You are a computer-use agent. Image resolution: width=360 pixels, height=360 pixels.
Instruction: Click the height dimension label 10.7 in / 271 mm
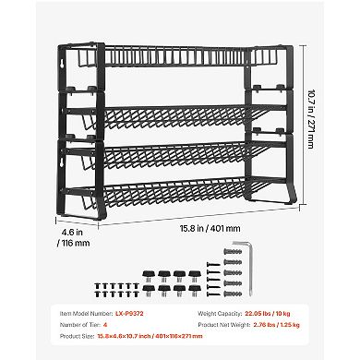(x=316, y=120)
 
